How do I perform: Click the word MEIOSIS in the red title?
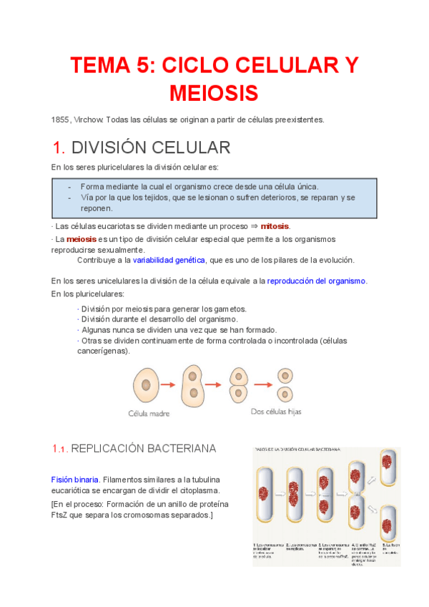[x=214, y=93]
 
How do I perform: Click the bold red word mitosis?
[x=275, y=226]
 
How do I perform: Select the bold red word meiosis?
[x=82, y=239]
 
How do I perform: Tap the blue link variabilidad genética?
[x=169, y=260]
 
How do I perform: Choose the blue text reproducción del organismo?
[x=316, y=281]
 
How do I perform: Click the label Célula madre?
[x=148, y=413]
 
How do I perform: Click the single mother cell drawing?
[x=145, y=384]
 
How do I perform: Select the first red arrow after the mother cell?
[x=167, y=384]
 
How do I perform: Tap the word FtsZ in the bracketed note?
[x=62, y=515]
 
